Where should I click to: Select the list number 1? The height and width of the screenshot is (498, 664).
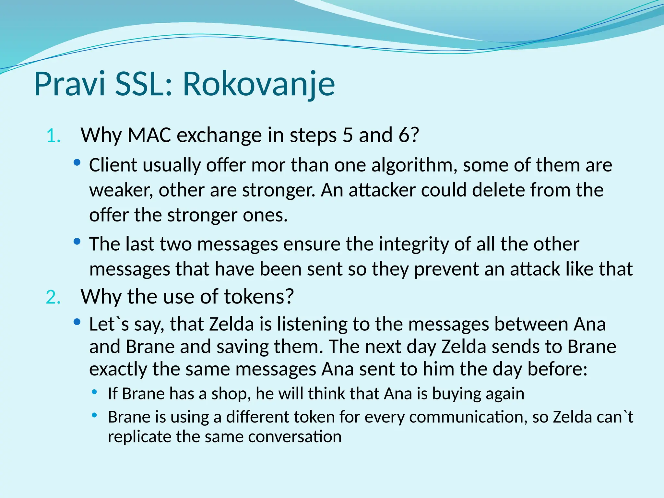[x=53, y=136]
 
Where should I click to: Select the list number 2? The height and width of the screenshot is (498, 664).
[x=53, y=298]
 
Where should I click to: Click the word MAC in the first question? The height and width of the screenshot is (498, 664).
[x=149, y=135]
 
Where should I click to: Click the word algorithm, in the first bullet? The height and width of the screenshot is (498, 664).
[x=414, y=165]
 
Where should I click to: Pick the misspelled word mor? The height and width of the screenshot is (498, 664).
[x=268, y=165]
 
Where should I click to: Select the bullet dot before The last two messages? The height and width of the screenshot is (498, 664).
[x=77, y=242]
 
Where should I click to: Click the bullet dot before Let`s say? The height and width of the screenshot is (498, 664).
[x=77, y=322]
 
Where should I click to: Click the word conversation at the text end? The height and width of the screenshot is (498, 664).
[x=295, y=437]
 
